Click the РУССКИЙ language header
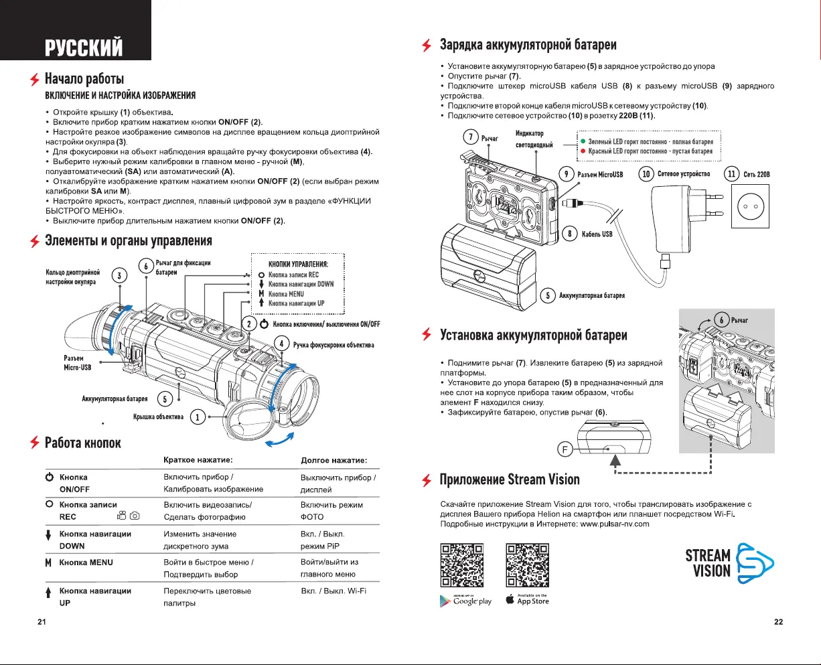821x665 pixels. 84,48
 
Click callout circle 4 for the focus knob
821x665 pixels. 283,344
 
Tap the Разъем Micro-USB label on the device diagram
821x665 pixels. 77,363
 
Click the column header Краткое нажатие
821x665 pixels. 198,460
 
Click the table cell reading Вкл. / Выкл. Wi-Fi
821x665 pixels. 333,591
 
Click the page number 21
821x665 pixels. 42,622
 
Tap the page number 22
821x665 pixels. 778,622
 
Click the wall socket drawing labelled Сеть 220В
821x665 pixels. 755,206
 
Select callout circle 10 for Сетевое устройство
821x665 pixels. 646,174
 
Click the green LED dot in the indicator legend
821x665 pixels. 583,142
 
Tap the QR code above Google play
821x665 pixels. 461,565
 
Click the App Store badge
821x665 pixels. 527,599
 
